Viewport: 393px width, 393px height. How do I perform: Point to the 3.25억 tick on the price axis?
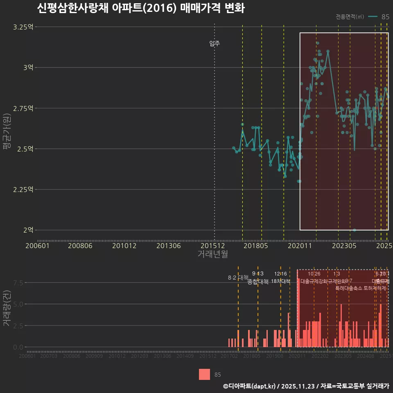click(x=23, y=27)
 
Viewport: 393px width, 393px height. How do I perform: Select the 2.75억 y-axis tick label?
click(x=23, y=108)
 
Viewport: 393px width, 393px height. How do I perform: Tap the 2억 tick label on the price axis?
click(x=28, y=230)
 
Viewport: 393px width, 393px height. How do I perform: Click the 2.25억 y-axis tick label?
click(x=23, y=190)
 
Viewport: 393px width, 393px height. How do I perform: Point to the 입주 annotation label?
click(x=215, y=43)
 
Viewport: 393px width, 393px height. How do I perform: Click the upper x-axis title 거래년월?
click(x=212, y=254)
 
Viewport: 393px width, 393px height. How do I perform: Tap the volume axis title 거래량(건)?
click(x=7, y=308)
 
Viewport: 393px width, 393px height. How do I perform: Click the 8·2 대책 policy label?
click(x=238, y=278)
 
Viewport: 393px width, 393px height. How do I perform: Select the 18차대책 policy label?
click(x=280, y=281)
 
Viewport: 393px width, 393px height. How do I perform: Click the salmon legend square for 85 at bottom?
click(x=204, y=374)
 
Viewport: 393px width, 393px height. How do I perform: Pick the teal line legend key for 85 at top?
click(x=373, y=17)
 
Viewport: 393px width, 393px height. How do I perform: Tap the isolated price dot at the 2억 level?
click(x=355, y=230)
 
